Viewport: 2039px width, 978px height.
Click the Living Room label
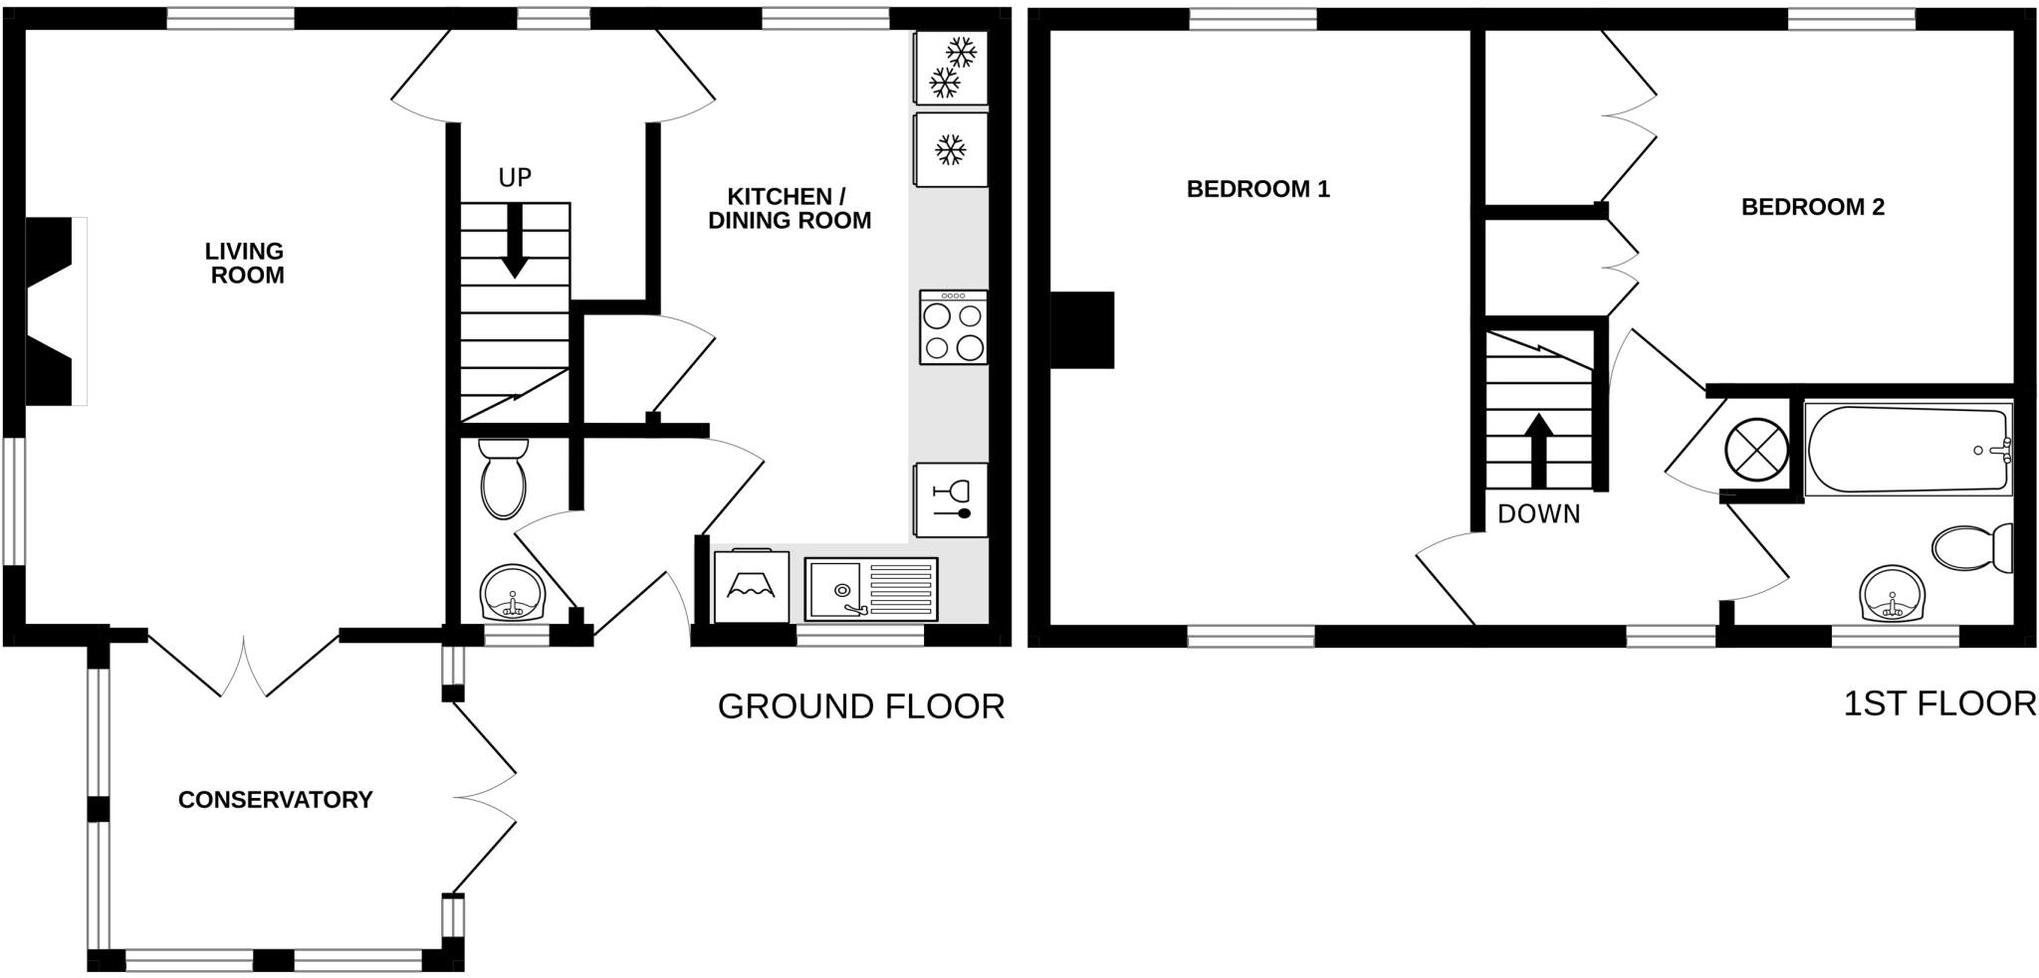(246, 263)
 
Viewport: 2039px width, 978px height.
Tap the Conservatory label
(275, 800)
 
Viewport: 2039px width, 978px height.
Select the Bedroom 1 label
(1258, 189)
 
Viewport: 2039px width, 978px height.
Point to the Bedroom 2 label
(1813, 207)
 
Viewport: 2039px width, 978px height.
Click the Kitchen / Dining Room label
(790, 208)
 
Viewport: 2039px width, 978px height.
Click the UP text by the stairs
(515, 178)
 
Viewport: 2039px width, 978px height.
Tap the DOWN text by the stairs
(1539, 514)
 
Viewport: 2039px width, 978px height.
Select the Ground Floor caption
(861, 706)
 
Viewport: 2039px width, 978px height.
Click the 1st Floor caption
(1939, 704)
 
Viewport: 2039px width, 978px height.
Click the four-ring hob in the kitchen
(954, 327)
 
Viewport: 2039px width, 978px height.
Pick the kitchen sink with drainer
(872, 589)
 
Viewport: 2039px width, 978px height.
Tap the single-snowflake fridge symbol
(951, 150)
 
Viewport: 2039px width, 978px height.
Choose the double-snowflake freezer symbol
(951, 67)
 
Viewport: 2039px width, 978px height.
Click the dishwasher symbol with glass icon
(951, 500)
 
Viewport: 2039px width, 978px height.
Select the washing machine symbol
(752, 587)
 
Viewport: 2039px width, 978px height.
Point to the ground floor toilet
(503, 480)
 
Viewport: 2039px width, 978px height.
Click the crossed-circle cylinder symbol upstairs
(1756, 447)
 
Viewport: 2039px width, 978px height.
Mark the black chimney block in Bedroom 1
(1082, 329)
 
